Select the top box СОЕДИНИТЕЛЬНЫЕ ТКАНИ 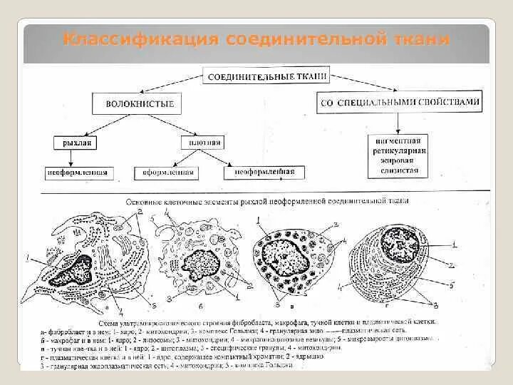point(266,75)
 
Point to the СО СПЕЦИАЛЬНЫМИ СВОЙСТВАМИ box point(399,103)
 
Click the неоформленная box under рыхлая point(76,172)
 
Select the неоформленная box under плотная point(260,172)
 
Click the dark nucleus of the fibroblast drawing point(73,272)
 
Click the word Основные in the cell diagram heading point(146,202)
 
